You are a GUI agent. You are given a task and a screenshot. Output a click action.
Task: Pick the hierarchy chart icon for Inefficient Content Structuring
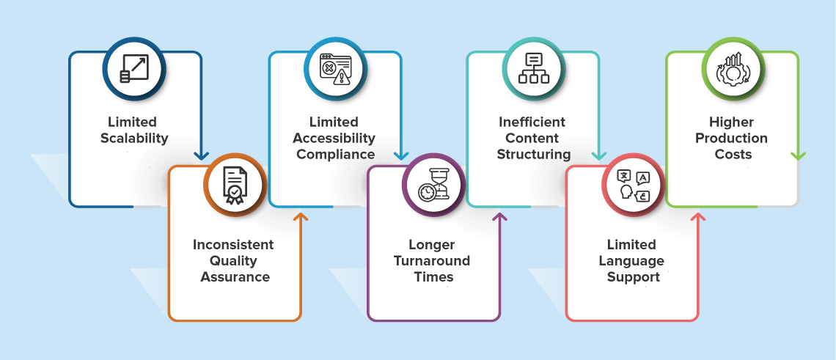pyautogui.click(x=534, y=69)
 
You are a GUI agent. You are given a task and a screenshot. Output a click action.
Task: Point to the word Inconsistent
pyautogui.click(x=233, y=244)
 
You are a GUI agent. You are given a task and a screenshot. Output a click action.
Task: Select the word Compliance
pyautogui.click(x=336, y=155)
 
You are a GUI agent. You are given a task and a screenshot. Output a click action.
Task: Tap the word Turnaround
pyautogui.click(x=432, y=261)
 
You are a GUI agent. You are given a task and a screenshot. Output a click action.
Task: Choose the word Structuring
pyautogui.click(x=534, y=155)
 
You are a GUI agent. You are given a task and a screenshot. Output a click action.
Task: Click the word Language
pyautogui.click(x=632, y=261)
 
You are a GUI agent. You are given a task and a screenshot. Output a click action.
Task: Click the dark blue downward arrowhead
pyautogui.click(x=202, y=156)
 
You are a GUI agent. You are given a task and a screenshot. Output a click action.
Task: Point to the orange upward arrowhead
pyautogui.click(x=301, y=216)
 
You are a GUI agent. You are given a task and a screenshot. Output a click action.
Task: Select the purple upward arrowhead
pyautogui.click(x=500, y=216)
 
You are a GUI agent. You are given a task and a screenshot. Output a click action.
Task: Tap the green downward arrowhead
pyautogui.click(x=798, y=156)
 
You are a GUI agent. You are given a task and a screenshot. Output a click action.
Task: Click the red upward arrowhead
pyautogui.click(x=698, y=216)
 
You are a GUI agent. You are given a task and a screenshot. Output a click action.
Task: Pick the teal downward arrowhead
pyautogui.click(x=599, y=156)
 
